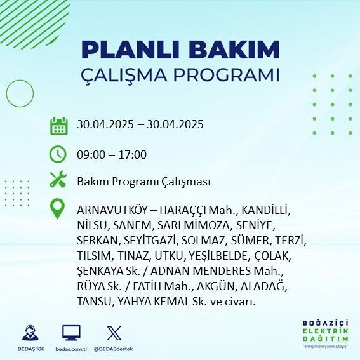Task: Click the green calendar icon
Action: tap(58, 125)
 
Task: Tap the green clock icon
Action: tap(58, 154)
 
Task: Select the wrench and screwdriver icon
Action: tap(58, 180)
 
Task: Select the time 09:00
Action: tap(90, 154)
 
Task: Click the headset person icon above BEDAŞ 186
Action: tap(29, 333)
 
